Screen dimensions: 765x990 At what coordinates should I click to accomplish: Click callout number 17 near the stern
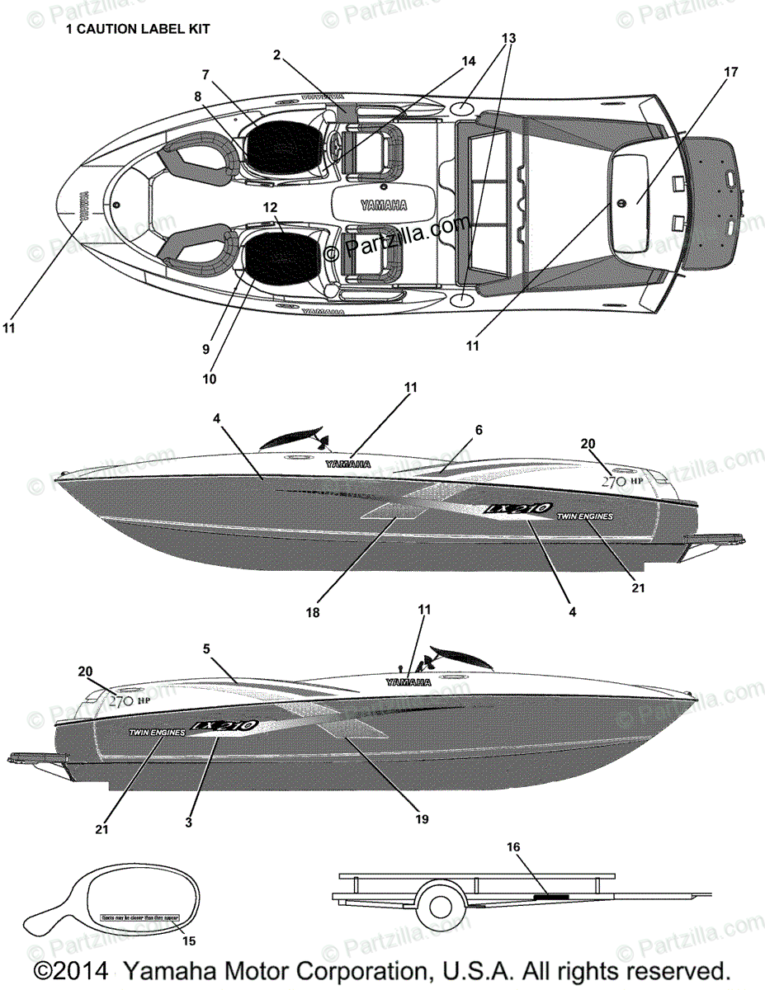[x=730, y=72]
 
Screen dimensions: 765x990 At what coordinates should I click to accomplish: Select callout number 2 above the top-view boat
[x=277, y=55]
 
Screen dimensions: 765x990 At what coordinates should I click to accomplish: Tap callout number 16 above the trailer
[x=513, y=846]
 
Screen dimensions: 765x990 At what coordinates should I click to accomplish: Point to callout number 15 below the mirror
[x=189, y=940]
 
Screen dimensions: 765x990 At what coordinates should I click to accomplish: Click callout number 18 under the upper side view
[x=313, y=613]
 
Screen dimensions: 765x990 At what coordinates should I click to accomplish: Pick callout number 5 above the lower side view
[x=206, y=648]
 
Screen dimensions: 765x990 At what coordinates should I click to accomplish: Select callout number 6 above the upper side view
[x=479, y=430]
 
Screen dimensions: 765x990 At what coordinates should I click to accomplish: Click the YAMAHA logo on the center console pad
[x=382, y=205]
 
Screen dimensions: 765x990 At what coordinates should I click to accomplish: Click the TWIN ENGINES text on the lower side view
[x=157, y=731]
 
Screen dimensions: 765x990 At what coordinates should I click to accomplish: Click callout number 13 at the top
[x=508, y=38]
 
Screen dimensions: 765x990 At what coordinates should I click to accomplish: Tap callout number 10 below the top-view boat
[x=209, y=379]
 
